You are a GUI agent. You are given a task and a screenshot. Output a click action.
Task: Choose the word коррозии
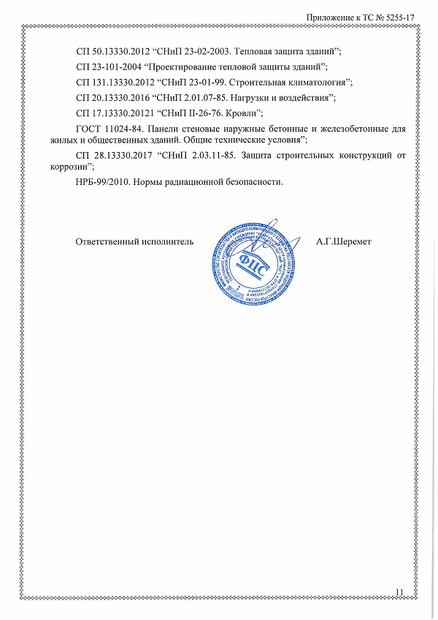click(x=67, y=166)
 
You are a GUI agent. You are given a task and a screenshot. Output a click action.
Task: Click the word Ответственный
click(x=107, y=241)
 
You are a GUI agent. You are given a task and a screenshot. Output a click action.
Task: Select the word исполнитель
click(x=167, y=241)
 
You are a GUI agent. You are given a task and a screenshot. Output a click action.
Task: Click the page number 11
click(x=399, y=591)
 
